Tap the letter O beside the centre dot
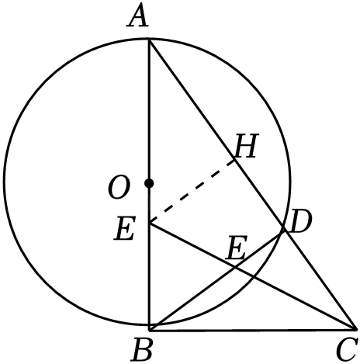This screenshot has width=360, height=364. pyautogui.click(x=118, y=189)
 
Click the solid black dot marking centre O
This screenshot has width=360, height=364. pyautogui.click(x=149, y=183)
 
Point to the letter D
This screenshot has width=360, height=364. pyautogui.click(x=300, y=222)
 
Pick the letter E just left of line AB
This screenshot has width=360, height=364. pyautogui.click(x=124, y=230)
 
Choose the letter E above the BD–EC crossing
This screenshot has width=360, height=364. pyautogui.click(x=236, y=249)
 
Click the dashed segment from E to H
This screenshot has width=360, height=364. pyautogui.click(x=192, y=191)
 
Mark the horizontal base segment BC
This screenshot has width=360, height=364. pyautogui.click(x=252, y=330)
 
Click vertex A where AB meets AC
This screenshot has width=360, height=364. pyautogui.click(x=149, y=40)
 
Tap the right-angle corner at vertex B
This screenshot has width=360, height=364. pyautogui.click(x=150, y=330)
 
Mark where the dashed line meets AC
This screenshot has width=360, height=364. pyautogui.click(x=235, y=159)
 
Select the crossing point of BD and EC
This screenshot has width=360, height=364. pyautogui.click(x=235, y=268)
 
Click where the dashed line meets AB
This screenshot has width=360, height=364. pyautogui.click(x=150, y=224)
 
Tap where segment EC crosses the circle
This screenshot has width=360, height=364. pyautogui.click(x=253, y=277)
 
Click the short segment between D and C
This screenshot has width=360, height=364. pyautogui.click(x=319, y=279)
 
